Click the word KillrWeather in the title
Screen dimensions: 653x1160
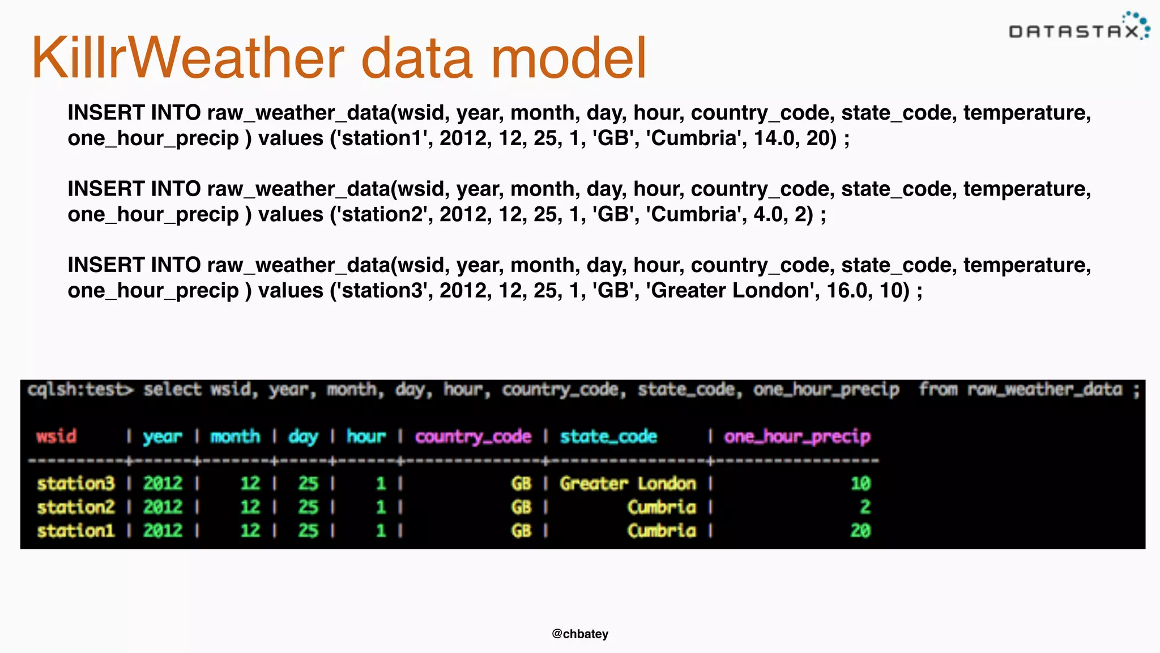[187, 58]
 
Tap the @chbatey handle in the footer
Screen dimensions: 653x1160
[580, 634]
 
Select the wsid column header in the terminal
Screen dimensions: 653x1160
[56, 436]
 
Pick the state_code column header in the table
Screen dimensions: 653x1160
[608, 436]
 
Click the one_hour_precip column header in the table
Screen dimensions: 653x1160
[797, 436]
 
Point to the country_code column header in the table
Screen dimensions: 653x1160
[473, 436]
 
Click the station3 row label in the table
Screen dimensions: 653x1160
[76, 484]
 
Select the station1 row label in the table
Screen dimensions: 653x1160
[76, 531]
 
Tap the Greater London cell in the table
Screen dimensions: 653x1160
[628, 484]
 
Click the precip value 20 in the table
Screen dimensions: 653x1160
[860, 531]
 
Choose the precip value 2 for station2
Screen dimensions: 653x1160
[865, 507]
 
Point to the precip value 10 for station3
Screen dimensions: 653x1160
[860, 484]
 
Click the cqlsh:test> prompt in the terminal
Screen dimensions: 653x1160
[81, 390]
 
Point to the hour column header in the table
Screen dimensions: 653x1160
[366, 436]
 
